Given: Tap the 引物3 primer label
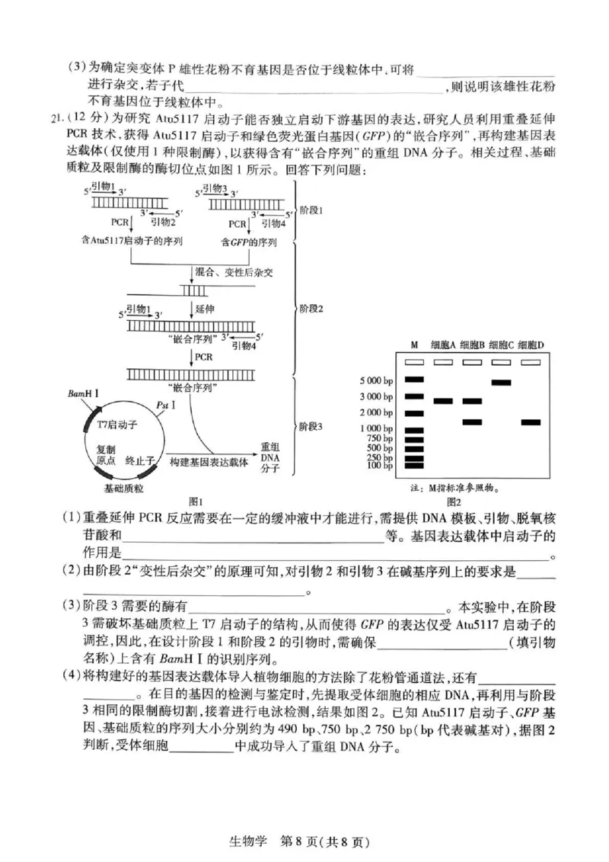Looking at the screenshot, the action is click(x=216, y=187).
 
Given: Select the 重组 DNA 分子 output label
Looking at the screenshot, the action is click(x=271, y=457).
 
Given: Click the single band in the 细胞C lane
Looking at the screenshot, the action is click(x=501, y=382).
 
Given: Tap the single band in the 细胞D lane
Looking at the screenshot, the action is click(x=531, y=421).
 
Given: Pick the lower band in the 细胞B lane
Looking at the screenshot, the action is click(x=472, y=421).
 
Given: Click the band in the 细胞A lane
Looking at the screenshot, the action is click(x=443, y=401).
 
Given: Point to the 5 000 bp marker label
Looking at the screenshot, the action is click(x=376, y=380).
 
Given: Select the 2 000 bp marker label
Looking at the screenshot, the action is click(x=376, y=412).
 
